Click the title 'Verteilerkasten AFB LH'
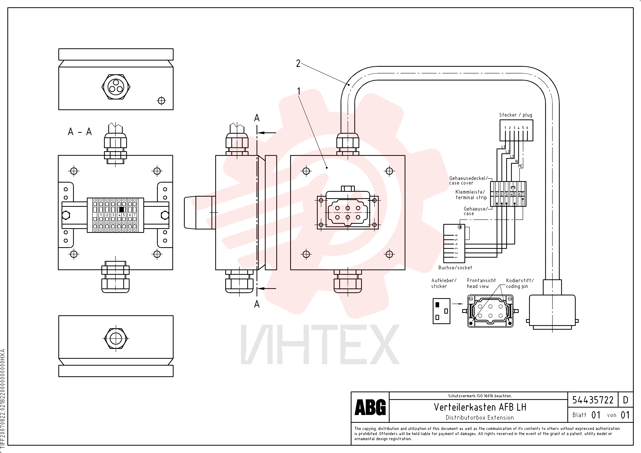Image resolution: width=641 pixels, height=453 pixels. click(x=480, y=407)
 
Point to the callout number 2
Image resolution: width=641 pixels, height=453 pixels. click(x=298, y=64)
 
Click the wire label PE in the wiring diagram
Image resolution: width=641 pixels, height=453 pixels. click(x=520, y=166)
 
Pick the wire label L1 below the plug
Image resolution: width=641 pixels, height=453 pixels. click(x=503, y=147)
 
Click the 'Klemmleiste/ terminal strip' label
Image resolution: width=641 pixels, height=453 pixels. click(x=471, y=195)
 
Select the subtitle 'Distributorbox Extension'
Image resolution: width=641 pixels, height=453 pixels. click(x=480, y=418)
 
